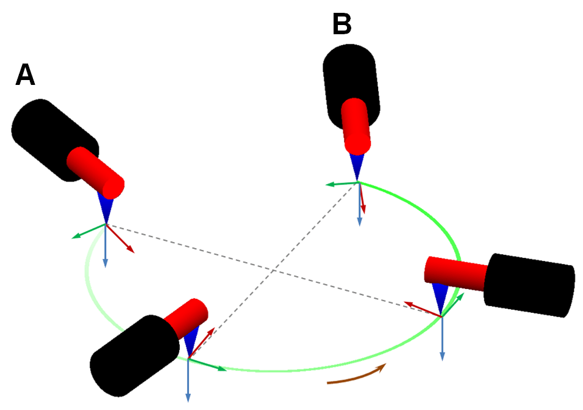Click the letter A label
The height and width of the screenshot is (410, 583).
(25, 75)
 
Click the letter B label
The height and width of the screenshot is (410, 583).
(342, 25)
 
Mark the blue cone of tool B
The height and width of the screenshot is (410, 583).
(357, 166)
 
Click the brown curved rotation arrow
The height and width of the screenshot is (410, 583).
(357, 375)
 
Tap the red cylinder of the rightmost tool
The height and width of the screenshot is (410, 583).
(455, 273)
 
